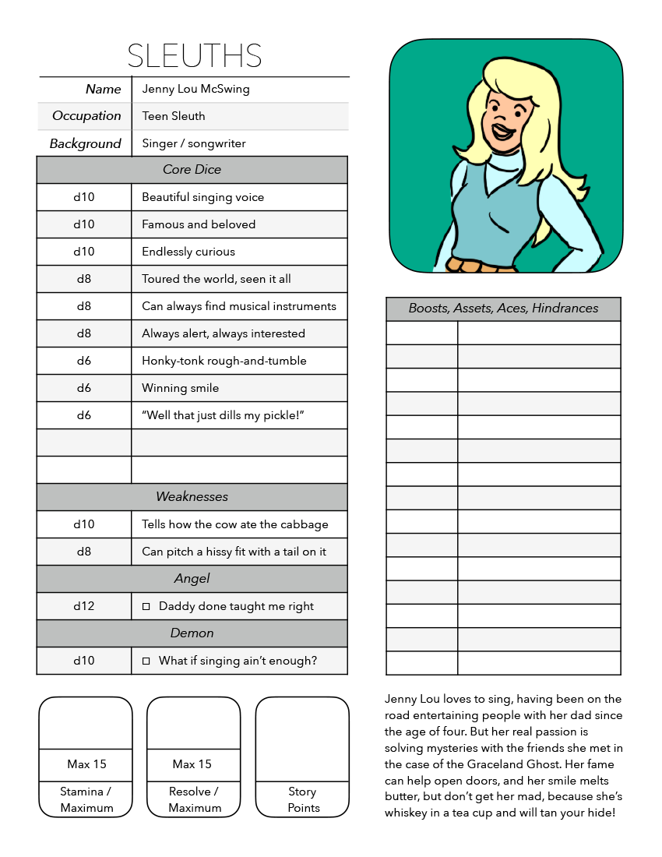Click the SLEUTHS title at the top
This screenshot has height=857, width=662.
(x=194, y=56)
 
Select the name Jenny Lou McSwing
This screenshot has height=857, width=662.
(x=195, y=89)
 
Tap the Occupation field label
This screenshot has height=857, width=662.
(x=86, y=116)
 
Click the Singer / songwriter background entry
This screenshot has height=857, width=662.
(x=193, y=143)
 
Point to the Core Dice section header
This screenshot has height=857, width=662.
(x=192, y=170)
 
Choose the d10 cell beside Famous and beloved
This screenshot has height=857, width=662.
(x=83, y=224)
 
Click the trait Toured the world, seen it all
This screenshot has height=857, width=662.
(x=216, y=279)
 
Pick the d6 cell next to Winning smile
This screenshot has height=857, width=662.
(x=83, y=388)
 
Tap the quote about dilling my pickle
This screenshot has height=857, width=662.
(x=222, y=415)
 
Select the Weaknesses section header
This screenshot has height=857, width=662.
(x=192, y=497)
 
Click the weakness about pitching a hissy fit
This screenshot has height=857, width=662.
(x=234, y=552)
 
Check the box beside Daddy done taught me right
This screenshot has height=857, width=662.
(x=146, y=607)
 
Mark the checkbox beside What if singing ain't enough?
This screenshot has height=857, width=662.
(x=146, y=661)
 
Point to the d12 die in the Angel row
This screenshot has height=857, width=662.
(x=83, y=606)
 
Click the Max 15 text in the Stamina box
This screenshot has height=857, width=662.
(x=86, y=764)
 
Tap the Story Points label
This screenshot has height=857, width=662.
(x=302, y=799)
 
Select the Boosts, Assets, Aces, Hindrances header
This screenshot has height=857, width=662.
(x=503, y=309)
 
